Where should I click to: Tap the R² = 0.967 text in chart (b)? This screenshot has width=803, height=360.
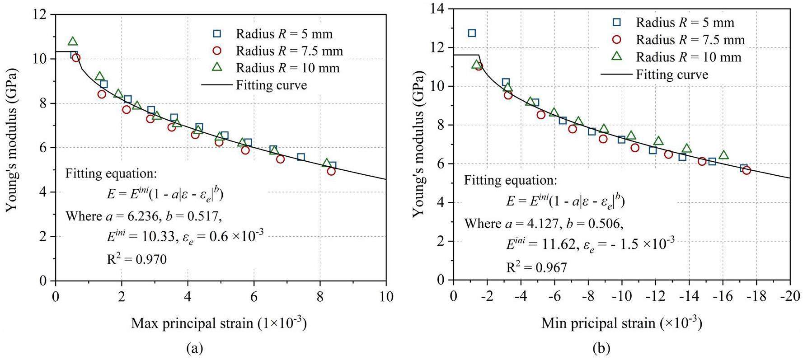pos(536,267)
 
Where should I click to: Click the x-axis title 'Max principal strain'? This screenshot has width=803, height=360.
pos(219,323)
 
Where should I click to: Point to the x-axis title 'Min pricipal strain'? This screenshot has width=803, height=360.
pos(621,323)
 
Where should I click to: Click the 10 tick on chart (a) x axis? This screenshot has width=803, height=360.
pos(386,296)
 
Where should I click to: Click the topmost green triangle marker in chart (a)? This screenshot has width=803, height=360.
pos(73,42)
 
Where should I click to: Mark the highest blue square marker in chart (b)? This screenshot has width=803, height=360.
pos(472,33)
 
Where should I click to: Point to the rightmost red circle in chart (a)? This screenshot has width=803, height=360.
pos(331,171)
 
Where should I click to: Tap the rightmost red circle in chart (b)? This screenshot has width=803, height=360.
pos(747,170)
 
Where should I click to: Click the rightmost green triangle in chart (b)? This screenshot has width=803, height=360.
pos(723,155)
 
